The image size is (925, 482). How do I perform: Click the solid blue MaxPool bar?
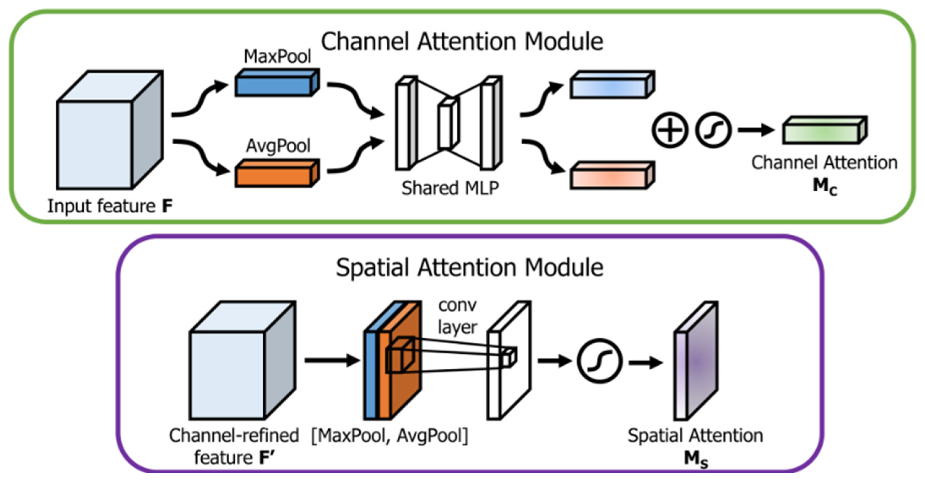pyautogui.click(x=277, y=83)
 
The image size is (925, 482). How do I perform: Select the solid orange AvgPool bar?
pyautogui.click(x=277, y=173)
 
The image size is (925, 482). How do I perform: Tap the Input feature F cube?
pyautogui.click(x=110, y=130)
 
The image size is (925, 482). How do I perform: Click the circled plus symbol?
pyautogui.click(x=670, y=130)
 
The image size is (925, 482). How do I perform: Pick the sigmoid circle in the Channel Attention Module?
pyautogui.click(x=713, y=130)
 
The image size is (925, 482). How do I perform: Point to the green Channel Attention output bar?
pyautogui.click(x=825, y=130)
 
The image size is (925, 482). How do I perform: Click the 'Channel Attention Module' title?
pyautogui.click(x=462, y=41)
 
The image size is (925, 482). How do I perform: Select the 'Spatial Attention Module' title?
pyautogui.click(x=470, y=267)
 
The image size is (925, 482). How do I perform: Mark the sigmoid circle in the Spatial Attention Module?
pyautogui.click(x=600, y=361)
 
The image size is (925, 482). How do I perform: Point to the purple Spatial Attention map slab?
pyautogui.click(x=695, y=360)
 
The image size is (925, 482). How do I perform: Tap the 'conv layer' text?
pyautogui.click(x=458, y=316)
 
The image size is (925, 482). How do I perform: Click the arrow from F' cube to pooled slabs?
pyautogui.click(x=332, y=360)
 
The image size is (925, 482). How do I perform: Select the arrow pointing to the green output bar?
pyautogui.click(x=756, y=130)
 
